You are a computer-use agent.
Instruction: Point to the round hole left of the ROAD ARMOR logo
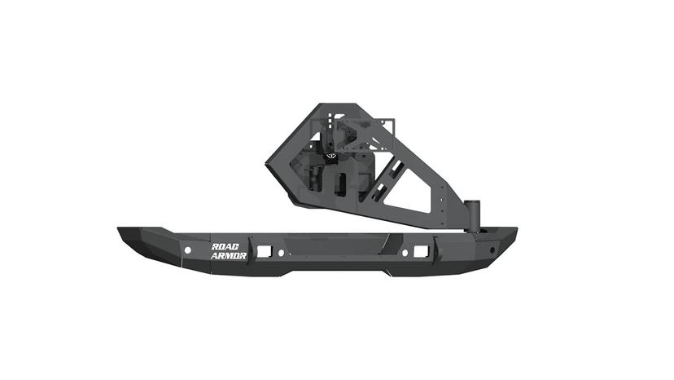(x=187, y=249)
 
